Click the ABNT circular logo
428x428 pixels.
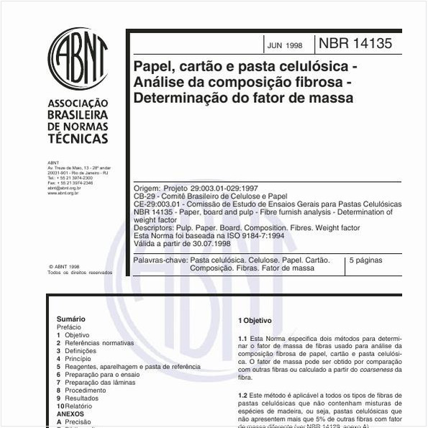coord(78,59)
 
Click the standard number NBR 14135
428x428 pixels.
coord(360,44)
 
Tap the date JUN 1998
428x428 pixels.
coord(285,45)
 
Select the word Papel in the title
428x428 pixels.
coord(154,67)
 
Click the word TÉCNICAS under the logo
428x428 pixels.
coord(78,139)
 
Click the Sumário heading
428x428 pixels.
coord(70,319)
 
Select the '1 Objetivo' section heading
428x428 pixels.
coord(255,320)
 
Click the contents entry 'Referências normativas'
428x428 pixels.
coord(99,343)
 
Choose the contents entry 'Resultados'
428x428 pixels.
coord(81,399)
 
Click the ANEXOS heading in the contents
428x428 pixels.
coord(70,414)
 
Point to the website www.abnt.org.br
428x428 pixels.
coord(63,193)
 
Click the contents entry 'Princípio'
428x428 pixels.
coord(78,359)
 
